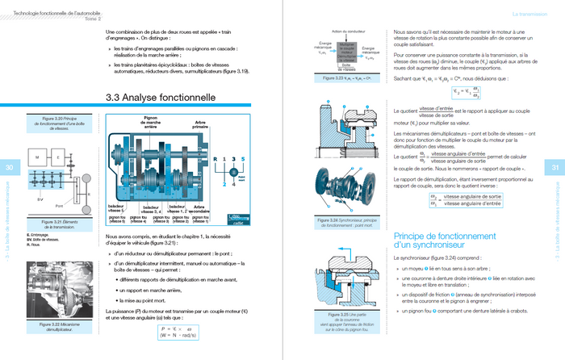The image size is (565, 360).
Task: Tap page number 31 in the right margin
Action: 555,167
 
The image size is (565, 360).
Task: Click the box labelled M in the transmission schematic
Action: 38,156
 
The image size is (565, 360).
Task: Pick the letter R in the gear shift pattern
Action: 214,158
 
